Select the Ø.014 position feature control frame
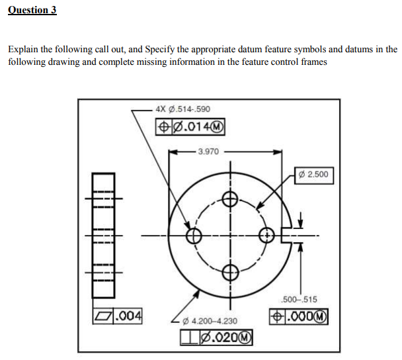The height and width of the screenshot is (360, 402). [190, 126]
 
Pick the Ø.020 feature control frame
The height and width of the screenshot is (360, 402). [214, 336]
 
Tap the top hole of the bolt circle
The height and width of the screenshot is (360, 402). [229, 199]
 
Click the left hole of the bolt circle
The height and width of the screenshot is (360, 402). [194, 236]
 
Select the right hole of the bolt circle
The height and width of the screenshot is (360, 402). [266, 236]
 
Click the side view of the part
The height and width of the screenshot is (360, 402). [102, 236]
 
